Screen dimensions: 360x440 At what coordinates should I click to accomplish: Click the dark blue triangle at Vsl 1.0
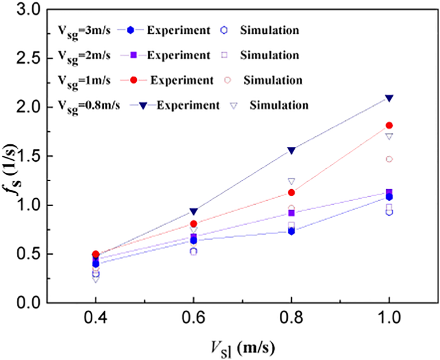coord(389,98)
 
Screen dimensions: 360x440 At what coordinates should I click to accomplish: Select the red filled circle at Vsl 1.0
coord(389,125)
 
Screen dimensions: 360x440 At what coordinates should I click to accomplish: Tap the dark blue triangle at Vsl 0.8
coord(291,150)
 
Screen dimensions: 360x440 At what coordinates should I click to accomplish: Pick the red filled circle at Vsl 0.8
coord(291,192)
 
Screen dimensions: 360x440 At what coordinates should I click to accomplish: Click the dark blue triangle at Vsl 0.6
coord(194,211)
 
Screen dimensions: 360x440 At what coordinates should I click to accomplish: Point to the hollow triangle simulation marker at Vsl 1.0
coord(389,136)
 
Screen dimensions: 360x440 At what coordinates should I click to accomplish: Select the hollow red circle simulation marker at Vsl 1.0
coord(389,159)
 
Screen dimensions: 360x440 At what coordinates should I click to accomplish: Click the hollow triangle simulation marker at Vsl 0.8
coord(291,181)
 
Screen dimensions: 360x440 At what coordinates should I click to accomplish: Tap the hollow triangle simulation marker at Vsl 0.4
coord(96,279)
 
